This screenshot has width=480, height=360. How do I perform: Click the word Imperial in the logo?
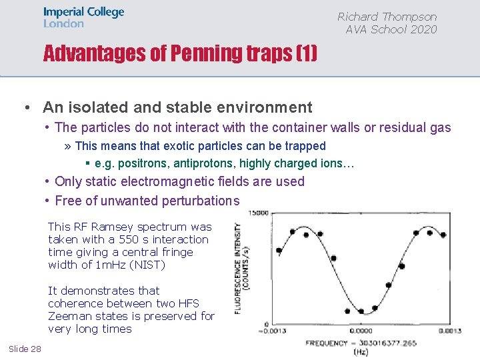tap(65, 12)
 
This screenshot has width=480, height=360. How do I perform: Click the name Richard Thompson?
tap(387, 17)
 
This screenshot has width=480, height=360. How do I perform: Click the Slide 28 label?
tap(25, 349)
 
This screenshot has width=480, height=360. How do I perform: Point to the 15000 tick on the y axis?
tap(259, 213)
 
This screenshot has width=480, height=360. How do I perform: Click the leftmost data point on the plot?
tap(279, 251)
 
